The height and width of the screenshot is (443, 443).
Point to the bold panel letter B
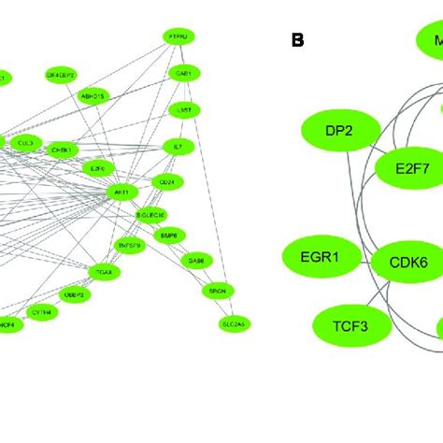[298, 40]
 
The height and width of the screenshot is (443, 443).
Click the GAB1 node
[182, 73]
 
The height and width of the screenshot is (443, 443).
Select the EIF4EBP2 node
[61, 73]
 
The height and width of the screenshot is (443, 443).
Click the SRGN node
[217, 292]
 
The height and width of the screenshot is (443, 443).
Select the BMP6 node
[169, 233]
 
